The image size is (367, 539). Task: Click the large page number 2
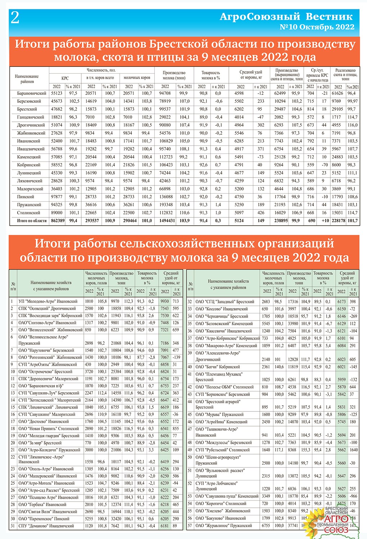point(15,18)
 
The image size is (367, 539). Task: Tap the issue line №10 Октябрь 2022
point(317,27)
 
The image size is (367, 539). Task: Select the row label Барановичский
point(32,93)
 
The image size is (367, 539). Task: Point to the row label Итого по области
point(32,221)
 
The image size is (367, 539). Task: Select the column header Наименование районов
point(27,79)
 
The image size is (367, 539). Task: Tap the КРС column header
point(65,78)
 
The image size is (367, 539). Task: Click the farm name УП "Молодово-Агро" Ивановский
point(48,301)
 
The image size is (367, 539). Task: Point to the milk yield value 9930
point(165,301)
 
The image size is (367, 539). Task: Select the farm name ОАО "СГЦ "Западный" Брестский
point(225,302)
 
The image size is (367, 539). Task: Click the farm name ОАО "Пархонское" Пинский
point(44,519)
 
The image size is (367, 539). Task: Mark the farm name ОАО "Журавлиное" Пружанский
point(224,526)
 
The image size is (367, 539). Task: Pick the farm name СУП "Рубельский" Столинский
point(222,450)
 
